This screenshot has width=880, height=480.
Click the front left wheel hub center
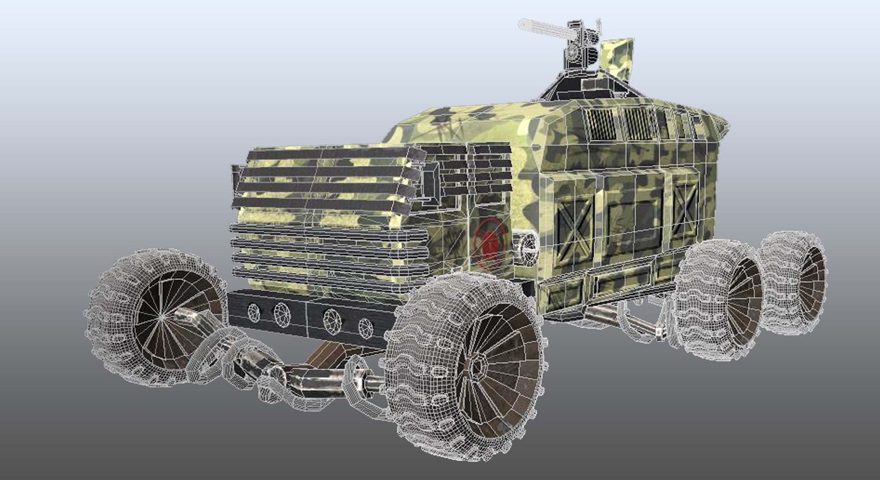[x=163, y=316]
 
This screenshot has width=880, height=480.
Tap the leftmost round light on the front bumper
[x=253, y=312]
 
